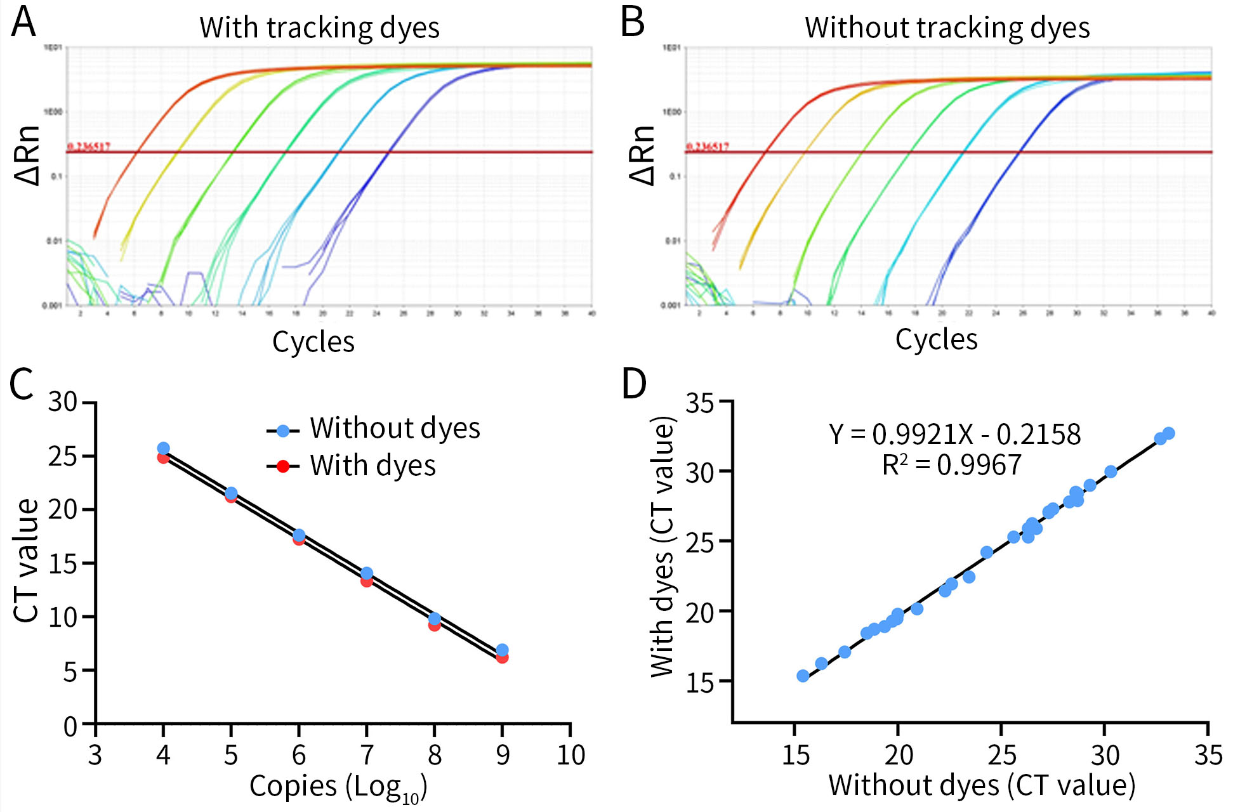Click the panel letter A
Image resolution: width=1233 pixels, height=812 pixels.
(x=23, y=22)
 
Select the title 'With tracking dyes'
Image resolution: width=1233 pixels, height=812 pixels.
(x=319, y=28)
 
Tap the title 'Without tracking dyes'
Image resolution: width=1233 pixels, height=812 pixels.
(x=947, y=28)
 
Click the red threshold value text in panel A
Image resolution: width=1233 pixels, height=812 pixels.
(x=89, y=147)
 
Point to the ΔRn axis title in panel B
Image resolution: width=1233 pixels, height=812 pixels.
(x=642, y=155)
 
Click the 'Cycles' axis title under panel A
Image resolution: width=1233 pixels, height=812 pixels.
(x=313, y=341)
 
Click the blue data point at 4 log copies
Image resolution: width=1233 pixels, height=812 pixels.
(x=163, y=448)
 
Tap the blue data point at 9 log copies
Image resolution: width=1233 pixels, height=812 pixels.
(x=502, y=650)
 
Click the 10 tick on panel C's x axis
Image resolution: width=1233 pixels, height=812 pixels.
(x=570, y=755)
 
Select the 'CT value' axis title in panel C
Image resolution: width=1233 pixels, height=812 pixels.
(x=27, y=561)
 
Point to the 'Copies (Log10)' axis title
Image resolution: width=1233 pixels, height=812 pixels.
(x=338, y=787)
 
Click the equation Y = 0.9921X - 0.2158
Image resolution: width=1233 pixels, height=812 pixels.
(x=954, y=435)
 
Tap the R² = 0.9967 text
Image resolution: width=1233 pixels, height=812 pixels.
(x=951, y=465)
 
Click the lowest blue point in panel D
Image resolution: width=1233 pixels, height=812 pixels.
(x=803, y=676)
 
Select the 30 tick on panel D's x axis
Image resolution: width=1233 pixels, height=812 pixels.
(x=1105, y=755)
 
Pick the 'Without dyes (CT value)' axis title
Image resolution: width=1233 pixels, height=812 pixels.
(x=981, y=785)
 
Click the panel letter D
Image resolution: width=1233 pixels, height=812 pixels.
(x=634, y=384)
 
